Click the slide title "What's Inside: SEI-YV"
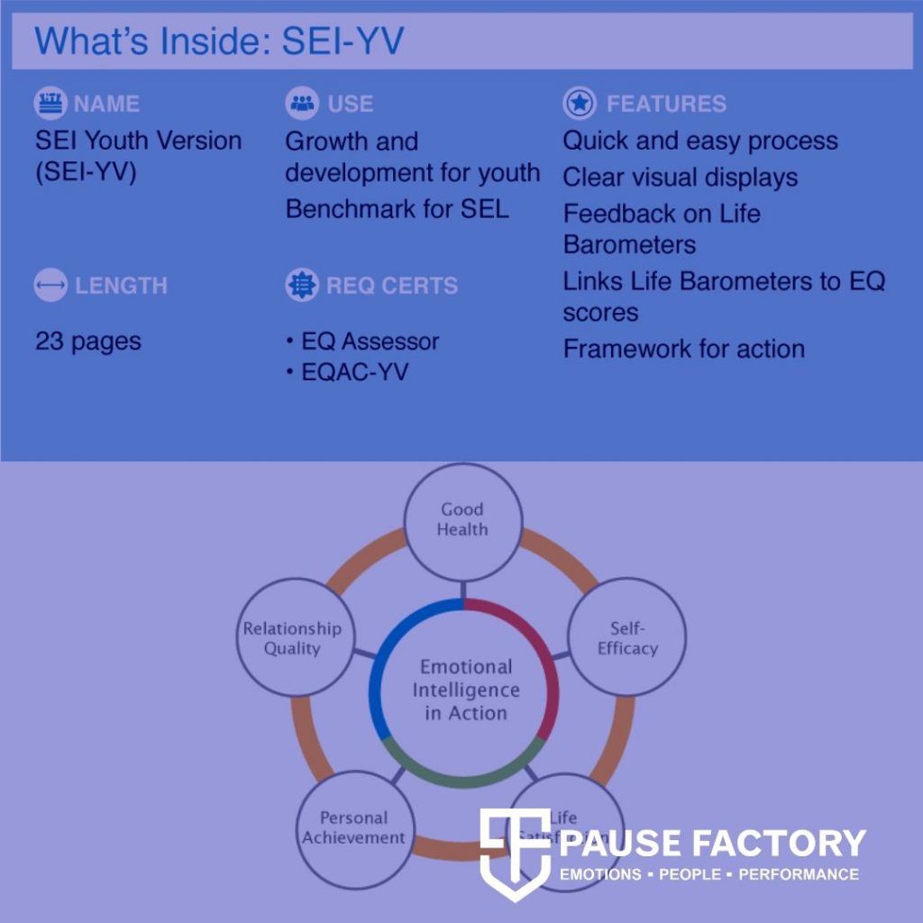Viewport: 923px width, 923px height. [219, 41]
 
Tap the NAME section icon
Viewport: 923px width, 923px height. [50, 104]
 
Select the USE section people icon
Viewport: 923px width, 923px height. [302, 104]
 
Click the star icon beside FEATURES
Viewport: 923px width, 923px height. [580, 104]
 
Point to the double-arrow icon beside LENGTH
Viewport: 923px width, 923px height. [50, 286]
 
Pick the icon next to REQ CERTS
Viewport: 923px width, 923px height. [302, 286]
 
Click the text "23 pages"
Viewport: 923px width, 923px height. [88, 342]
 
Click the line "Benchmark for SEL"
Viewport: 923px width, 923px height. [397, 209]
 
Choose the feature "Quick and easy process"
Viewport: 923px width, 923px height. [700, 142]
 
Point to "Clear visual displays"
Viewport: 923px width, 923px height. [681, 178]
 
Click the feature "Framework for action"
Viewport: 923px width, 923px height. [684, 349]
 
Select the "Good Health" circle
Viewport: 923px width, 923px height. [461, 520]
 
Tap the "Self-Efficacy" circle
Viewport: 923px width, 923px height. [627, 637]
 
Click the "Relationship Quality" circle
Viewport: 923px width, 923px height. [292, 638]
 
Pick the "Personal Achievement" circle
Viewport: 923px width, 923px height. [354, 828]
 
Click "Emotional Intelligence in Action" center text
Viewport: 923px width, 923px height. [466, 690]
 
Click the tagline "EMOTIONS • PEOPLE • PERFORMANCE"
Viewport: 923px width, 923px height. [709, 874]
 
